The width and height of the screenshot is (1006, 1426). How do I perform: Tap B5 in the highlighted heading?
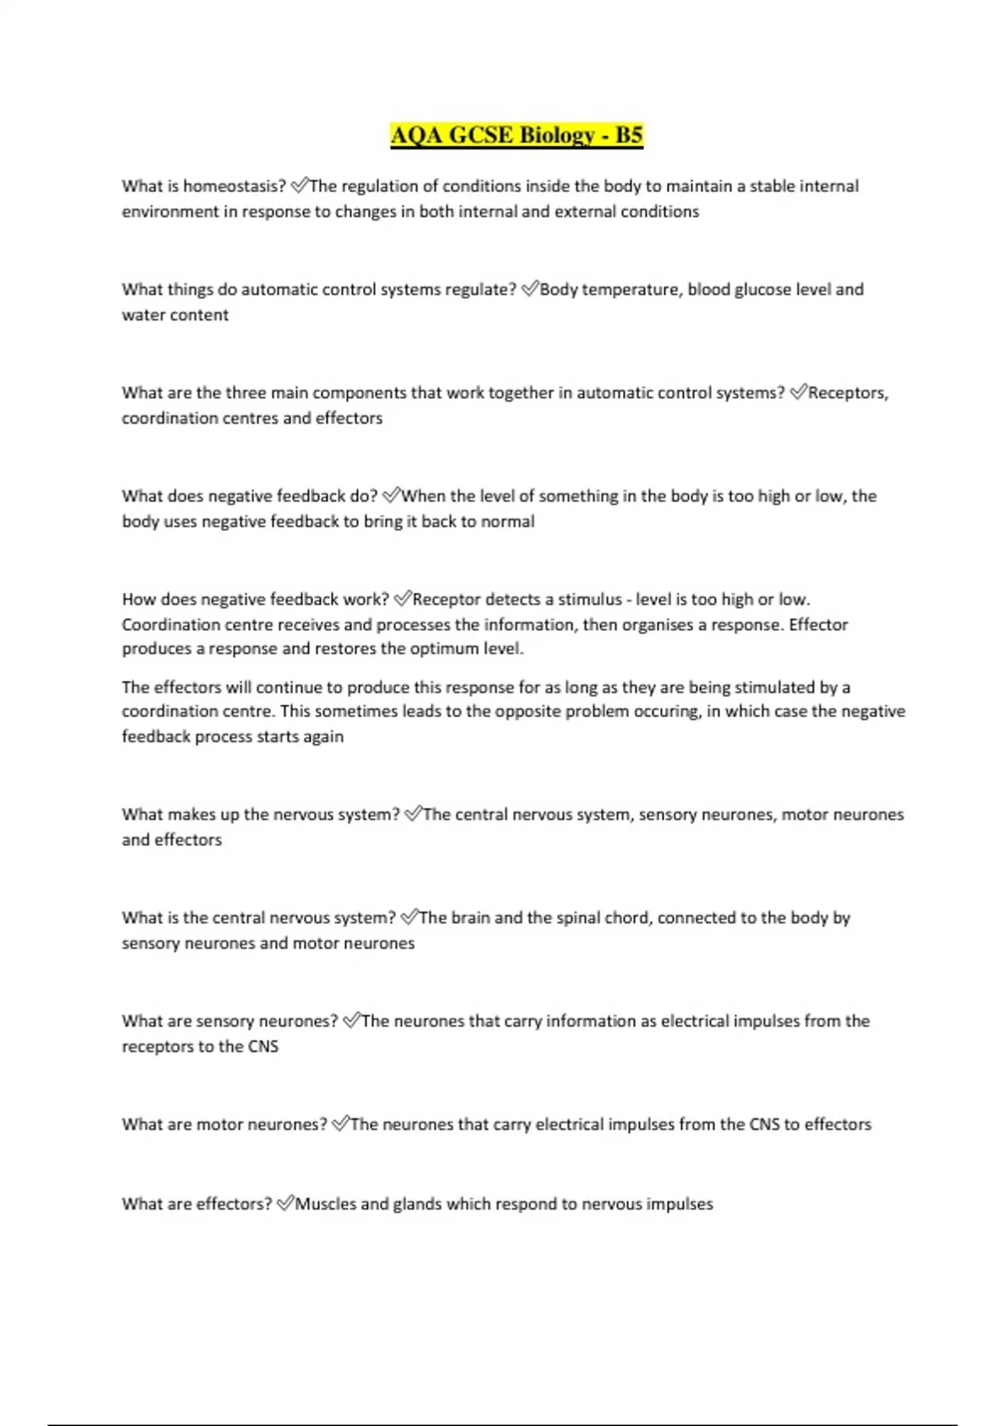pos(629,135)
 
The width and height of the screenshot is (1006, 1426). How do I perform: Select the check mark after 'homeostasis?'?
pos(299,185)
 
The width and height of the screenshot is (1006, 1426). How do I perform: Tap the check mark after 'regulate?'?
pos(529,289)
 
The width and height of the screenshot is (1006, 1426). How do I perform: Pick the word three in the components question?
pos(246,393)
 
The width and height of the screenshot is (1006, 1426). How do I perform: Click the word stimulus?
pos(590,599)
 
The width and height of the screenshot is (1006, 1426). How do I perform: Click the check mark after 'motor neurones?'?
pos(340,1124)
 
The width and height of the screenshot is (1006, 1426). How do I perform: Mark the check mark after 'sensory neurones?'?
pos(351,1021)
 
